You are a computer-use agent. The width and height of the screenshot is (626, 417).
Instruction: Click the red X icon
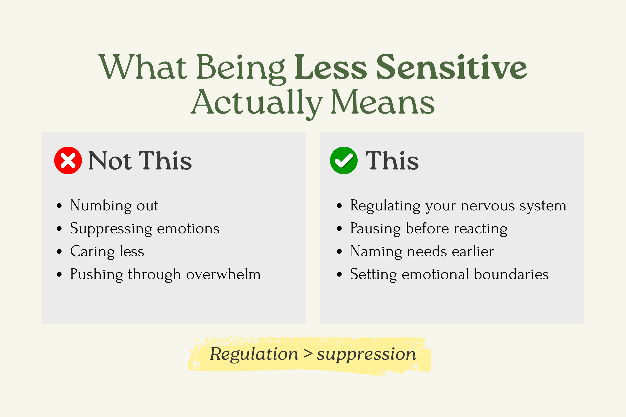[x=68, y=160]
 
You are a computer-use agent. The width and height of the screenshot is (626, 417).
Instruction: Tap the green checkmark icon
[x=344, y=160]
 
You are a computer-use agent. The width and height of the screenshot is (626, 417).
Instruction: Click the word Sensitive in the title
[x=451, y=67]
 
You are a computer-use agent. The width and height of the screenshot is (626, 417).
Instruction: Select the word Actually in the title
[x=257, y=102]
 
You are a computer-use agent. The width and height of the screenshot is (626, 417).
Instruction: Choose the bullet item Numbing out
[x=114, y=206]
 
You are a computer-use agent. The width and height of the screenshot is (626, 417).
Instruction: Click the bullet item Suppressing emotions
[x=145, y=229]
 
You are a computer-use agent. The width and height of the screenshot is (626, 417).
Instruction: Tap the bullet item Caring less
[x=107, y=252]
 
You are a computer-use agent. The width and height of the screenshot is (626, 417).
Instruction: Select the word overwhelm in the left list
[x=223, y=274]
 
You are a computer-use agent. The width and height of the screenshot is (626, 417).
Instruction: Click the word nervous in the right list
[x=488, y=206]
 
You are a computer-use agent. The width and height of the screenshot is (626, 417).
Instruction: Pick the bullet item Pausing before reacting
[x=428, y=229]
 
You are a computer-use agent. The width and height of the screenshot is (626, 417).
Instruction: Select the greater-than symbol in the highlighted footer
[x=308, y=354]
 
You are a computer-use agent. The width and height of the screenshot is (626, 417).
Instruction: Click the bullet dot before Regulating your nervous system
[x=339, y=206]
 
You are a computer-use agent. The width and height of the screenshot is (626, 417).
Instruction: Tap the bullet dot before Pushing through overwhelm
[x=59, y=274]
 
